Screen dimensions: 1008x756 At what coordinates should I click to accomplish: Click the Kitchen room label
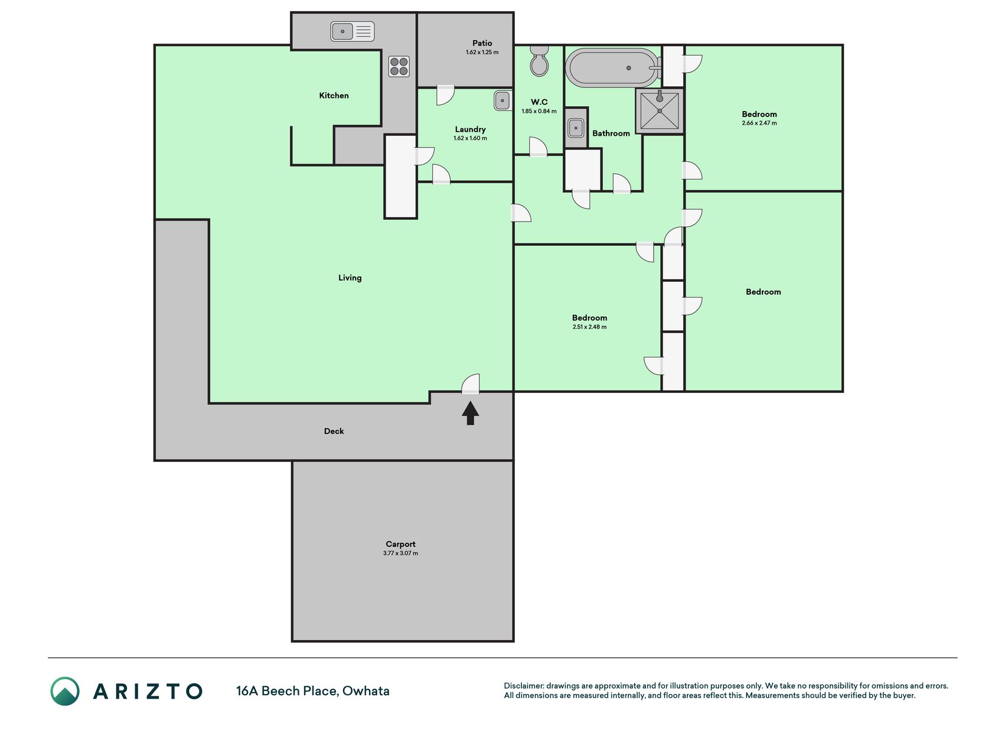pos(334,96)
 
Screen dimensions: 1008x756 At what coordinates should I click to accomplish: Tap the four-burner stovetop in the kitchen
pos(399,66)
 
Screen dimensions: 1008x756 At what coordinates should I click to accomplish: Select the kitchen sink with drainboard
pos(352,31)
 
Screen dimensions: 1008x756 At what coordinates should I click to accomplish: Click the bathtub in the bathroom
pos(613,68)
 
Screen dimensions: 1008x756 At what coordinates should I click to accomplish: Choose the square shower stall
pos(660,110)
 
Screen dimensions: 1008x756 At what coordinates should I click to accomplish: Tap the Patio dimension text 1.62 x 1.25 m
pos(482,53)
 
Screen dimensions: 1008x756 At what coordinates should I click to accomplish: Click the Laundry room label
pos(470,129)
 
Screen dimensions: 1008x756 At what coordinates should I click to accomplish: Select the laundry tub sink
pos(503,101)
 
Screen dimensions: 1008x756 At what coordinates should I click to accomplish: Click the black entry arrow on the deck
pos(470,413)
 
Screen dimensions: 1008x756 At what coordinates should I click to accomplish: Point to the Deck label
pos(334,431)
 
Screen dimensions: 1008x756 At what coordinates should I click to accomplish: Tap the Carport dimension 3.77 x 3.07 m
pos(400,553)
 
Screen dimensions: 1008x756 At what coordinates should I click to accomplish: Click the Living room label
pos(350,278)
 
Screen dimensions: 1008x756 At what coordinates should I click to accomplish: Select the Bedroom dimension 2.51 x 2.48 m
pos(589,327)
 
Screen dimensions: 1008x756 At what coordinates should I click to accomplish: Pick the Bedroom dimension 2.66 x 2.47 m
pos(759,123)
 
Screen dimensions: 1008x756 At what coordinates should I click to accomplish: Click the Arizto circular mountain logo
pos(65,691)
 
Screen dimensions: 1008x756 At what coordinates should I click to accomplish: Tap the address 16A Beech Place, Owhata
pos(313,691)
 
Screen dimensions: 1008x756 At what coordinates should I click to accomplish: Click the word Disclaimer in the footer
pos(523,686)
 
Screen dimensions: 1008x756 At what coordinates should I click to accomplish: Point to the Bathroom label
pos(611,133)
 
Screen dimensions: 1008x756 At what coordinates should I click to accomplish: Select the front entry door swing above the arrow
pos(470,384)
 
